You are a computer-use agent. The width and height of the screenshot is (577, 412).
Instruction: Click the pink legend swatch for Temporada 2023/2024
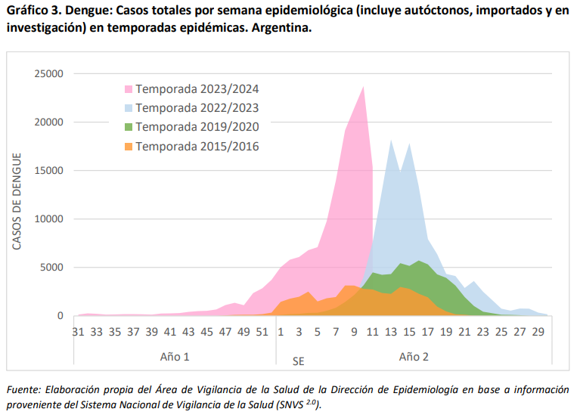[x=129, y=89]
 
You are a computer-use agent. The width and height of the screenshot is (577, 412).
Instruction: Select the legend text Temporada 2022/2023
[x=197, y=107]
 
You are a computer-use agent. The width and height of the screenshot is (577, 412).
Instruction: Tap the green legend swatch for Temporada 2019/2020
[x=129, y=126]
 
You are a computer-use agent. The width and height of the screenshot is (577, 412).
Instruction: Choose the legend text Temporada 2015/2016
[x=197, y=146]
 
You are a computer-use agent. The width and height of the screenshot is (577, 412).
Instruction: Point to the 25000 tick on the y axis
[x=48, y=74]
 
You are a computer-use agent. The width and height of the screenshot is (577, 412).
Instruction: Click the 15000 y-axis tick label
[x=48, y=171]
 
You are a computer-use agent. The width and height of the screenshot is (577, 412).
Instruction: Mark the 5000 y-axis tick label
[x=51, y=268]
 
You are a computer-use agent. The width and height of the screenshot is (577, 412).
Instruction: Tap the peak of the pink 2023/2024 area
[x=364, y=87]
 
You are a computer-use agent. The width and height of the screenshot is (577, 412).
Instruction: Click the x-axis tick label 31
[x=78, y=331]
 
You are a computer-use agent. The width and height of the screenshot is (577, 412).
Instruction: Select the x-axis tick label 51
[x=262, y=331]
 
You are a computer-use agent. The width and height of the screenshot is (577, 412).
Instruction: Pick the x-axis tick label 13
[x=391, y=331]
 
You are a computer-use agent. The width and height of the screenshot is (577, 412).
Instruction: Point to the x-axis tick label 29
[x=538, y=331]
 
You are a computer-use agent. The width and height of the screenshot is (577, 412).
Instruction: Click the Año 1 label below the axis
[x=175, y=356]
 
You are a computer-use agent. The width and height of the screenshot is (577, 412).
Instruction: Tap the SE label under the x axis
[x=298, y=361]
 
